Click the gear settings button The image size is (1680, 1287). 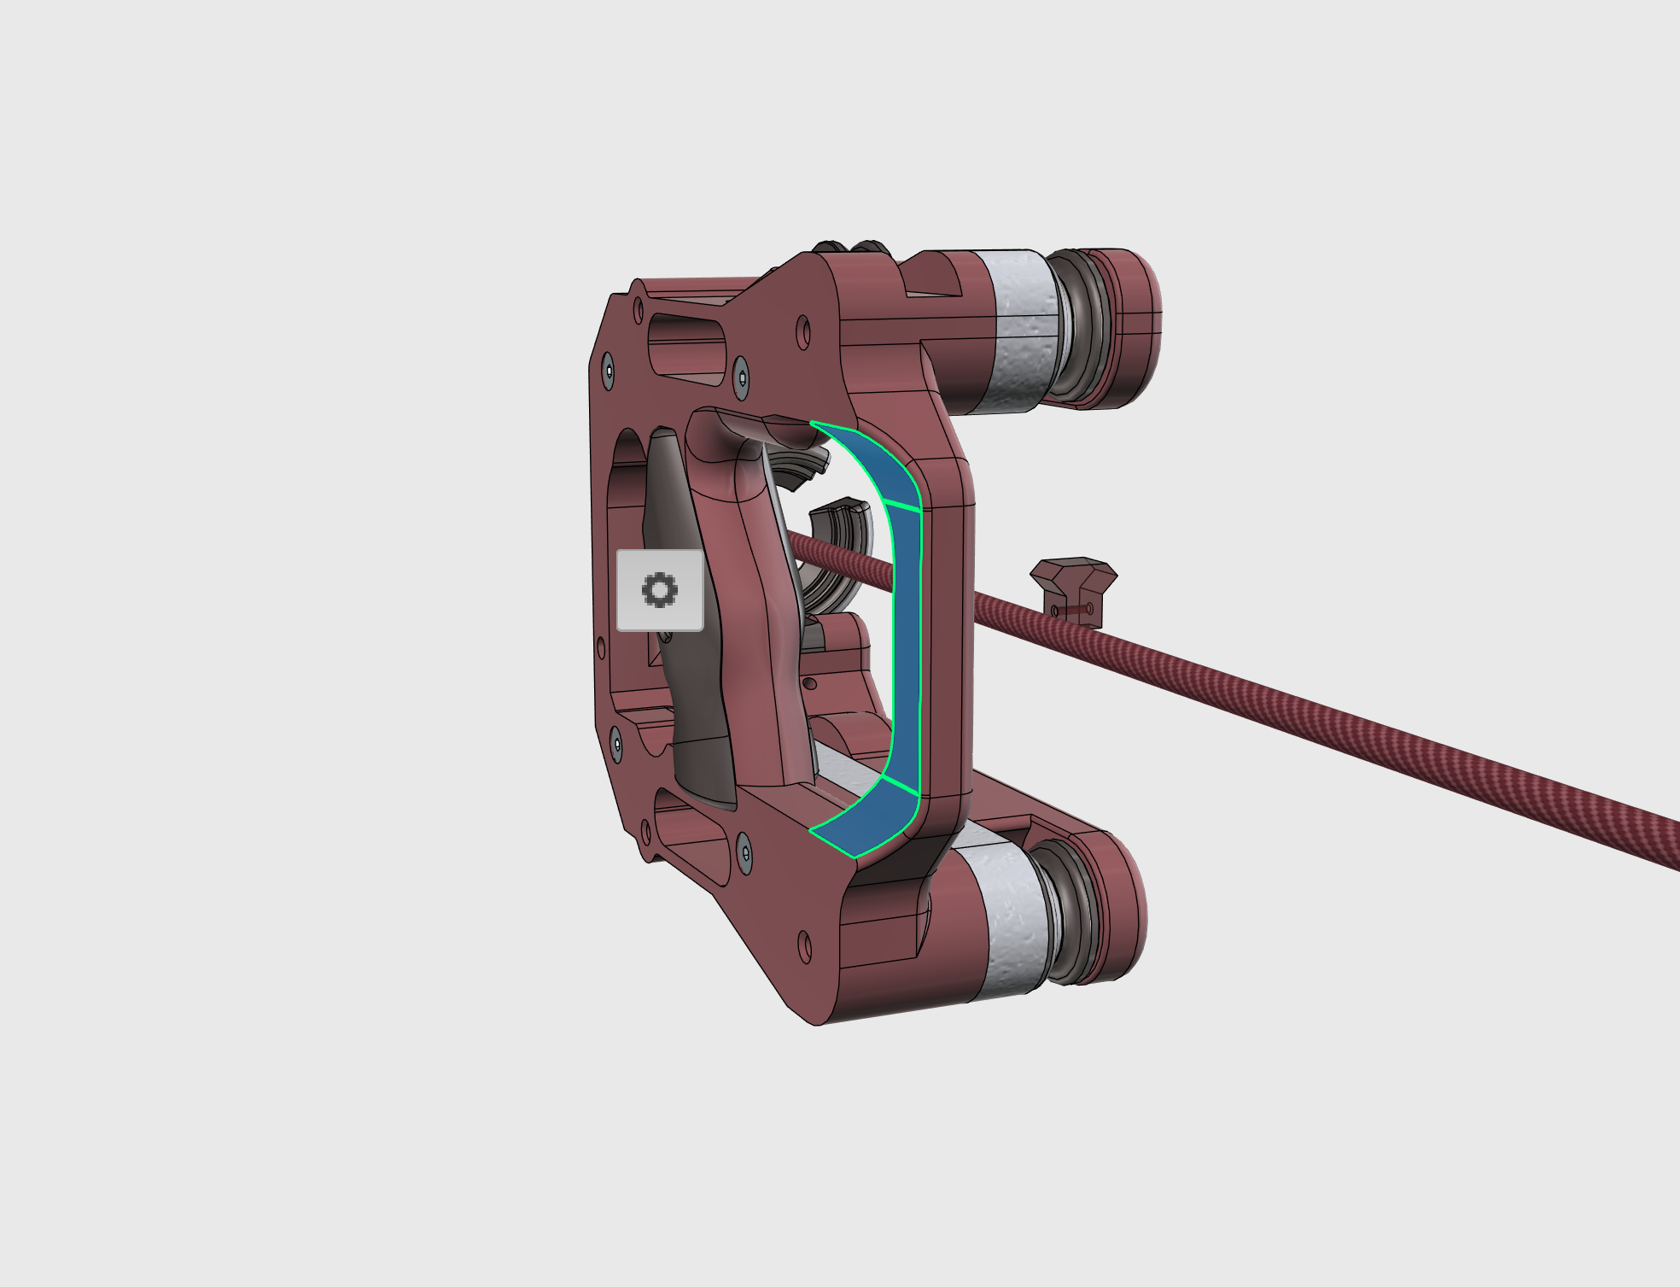point(660,590)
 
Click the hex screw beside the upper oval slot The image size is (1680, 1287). point(741,377)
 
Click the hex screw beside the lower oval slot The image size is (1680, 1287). point(744,852)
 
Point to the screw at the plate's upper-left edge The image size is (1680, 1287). point(607,371)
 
